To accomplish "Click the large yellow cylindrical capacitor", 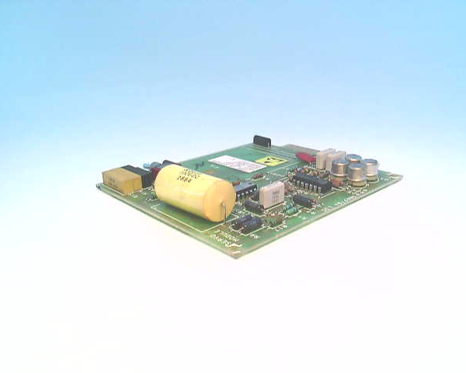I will click(194, 192).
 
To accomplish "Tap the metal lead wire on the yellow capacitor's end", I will click(224, 210).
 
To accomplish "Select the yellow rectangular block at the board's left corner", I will click(123, 180).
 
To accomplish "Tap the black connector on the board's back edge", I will click(262, 141).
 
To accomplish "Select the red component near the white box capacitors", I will click(306, 157).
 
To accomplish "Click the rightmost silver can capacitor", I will click(371, 168).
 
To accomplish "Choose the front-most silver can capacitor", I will click(356, 174).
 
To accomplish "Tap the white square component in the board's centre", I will click(273, 194).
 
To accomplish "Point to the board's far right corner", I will click(401, 177).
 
